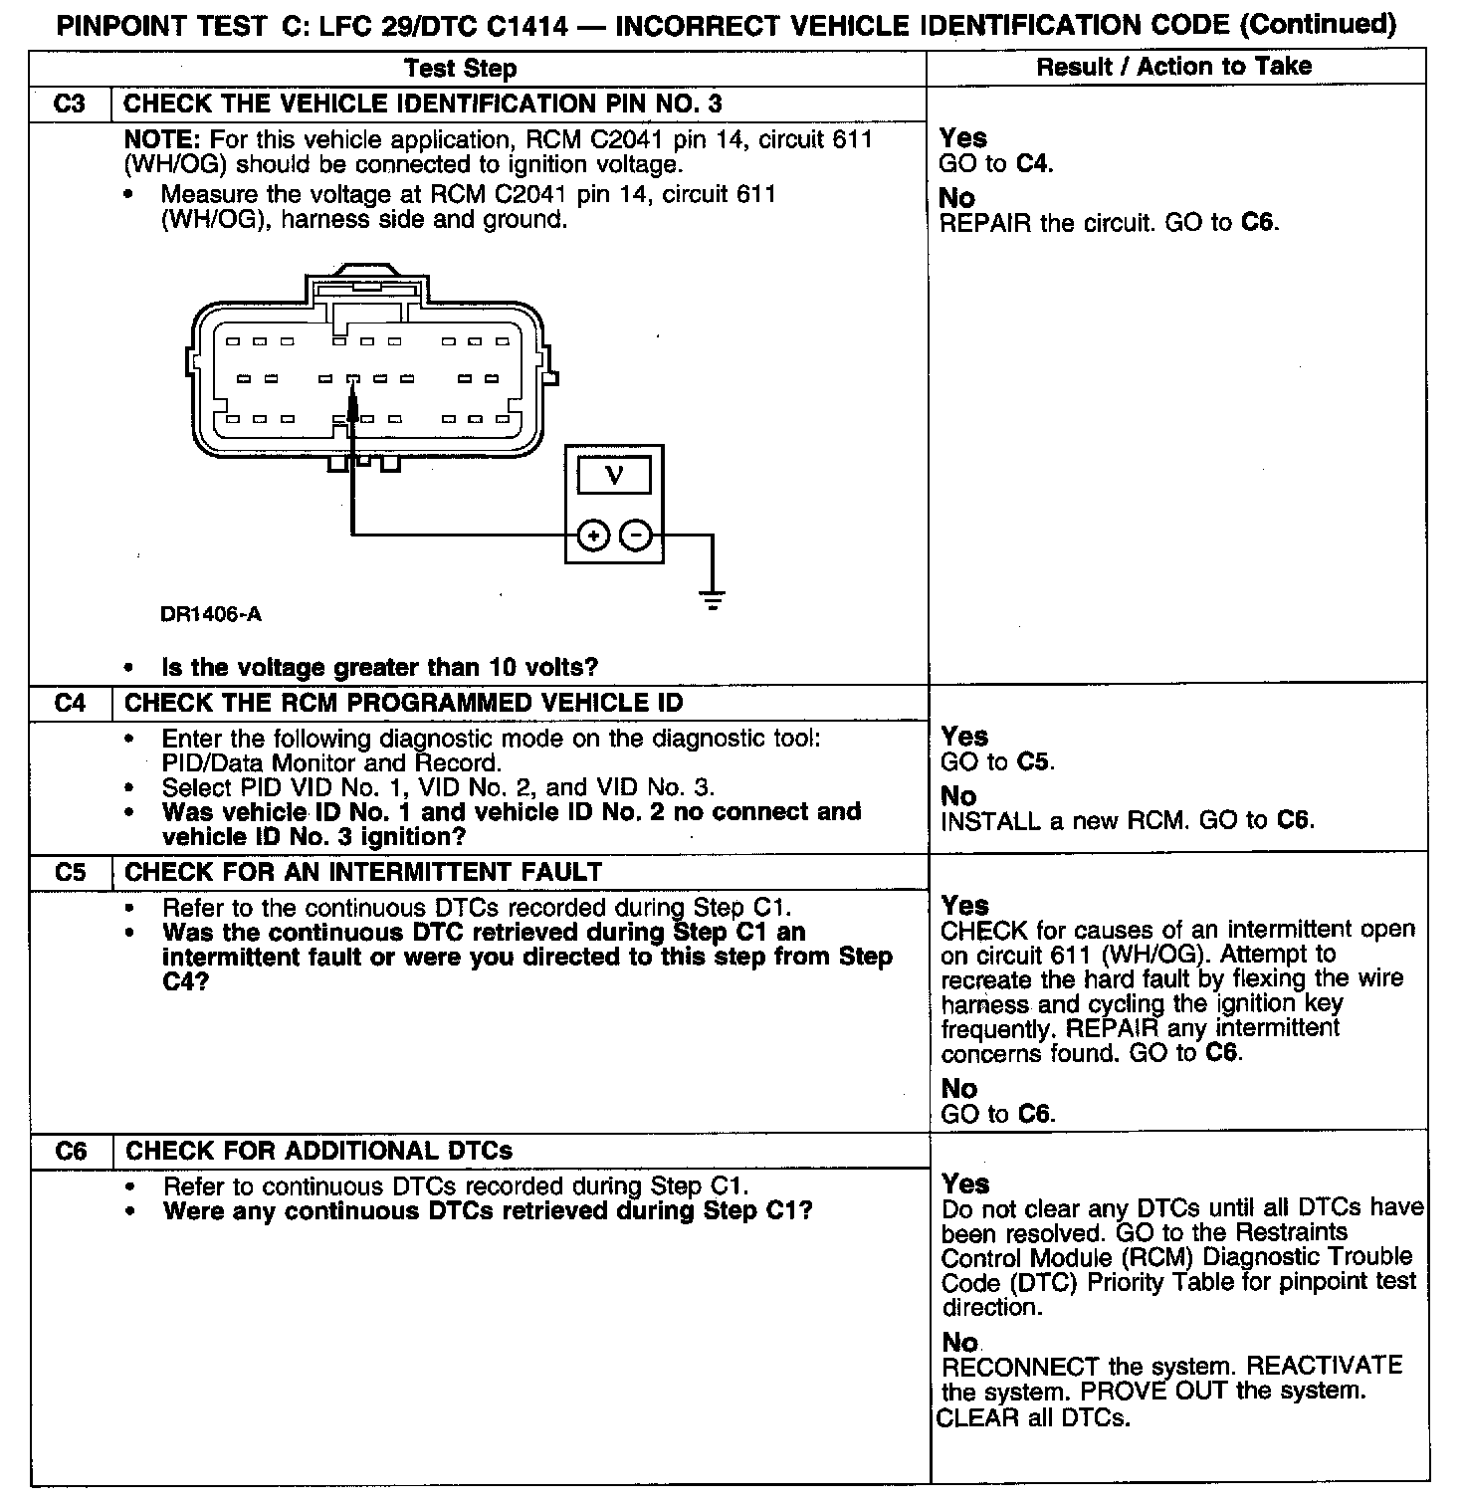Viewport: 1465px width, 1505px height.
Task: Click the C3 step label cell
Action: coord(70,105)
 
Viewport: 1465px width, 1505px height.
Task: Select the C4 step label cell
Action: coord(70,704)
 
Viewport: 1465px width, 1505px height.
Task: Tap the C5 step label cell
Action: coord(70,873)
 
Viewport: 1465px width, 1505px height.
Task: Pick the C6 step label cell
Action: coord(70,1152)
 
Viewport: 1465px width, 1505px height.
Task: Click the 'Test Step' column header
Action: coord(461,69)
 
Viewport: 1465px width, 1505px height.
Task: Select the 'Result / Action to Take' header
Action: coord(1174,67)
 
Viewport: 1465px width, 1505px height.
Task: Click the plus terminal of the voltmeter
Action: coord(593,537)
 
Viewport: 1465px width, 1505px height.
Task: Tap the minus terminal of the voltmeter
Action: coord(636,537)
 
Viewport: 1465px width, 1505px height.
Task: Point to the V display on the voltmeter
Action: coord(614,475)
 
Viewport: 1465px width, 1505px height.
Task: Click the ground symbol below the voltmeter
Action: coord(713,599)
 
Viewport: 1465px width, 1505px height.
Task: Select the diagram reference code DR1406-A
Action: coord(211,615)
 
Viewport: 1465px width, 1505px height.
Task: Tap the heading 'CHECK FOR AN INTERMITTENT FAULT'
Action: coord(363,873)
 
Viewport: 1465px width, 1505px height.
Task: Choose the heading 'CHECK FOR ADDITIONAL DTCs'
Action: coord(318,1152)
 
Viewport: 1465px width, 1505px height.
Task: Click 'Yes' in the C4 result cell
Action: coord(964,737)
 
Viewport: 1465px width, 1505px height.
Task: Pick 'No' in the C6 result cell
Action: coord(960,1342)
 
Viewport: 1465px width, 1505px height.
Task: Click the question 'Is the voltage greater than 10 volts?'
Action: coord(380,667)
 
